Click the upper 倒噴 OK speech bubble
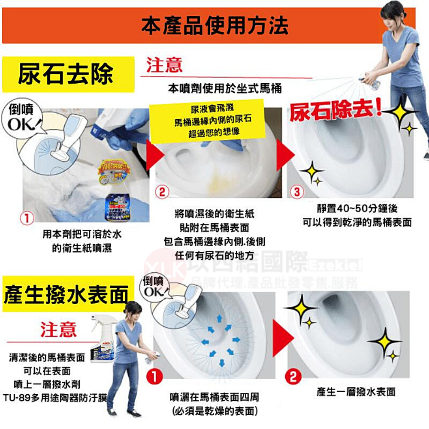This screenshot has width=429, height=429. click(26, 118)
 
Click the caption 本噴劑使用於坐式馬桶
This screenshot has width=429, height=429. click(225, 88)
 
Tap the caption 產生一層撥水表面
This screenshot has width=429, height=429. click(356, 391)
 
